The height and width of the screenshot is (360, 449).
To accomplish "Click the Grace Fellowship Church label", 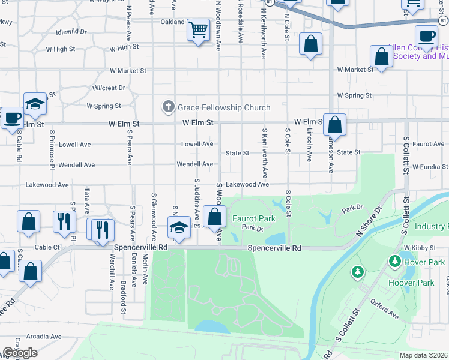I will pos(224,107).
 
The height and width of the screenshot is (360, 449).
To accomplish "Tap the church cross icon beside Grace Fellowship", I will pos(169,107).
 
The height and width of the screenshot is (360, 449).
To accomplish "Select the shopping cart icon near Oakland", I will pos(197,29).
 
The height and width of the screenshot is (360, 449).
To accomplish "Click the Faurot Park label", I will pos(254,218).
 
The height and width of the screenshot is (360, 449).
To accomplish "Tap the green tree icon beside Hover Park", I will pos(395,262).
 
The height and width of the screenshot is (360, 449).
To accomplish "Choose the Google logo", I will pos(19,353).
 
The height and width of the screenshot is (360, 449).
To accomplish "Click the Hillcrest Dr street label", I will pos(109,88).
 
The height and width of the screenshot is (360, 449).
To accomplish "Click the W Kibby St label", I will pos(420,247).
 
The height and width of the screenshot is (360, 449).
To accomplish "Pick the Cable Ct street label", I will pos(47,247).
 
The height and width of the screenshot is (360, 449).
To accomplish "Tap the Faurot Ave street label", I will pos(428,144).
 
